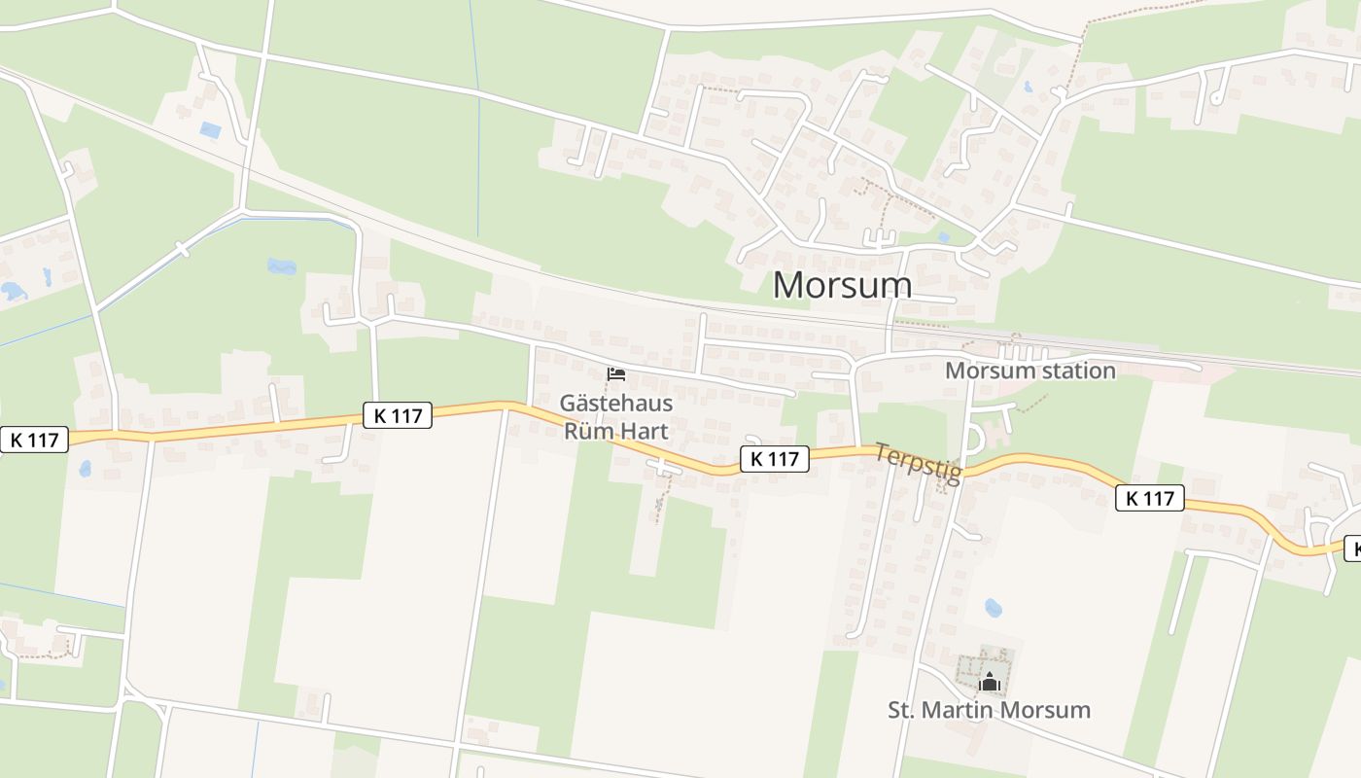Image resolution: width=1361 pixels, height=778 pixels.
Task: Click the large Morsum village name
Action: coord(843,285)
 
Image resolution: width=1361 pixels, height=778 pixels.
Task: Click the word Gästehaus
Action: coord(616,403)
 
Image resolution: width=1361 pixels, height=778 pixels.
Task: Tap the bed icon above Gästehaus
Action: coord(616,373)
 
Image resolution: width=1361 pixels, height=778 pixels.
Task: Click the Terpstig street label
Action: coord(918,463)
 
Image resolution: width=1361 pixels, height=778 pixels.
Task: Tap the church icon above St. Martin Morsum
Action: coord(990,682)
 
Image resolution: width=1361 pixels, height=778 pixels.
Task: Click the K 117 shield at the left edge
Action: coord(35,440)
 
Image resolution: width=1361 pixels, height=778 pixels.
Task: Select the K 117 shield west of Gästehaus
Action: coord(398,415)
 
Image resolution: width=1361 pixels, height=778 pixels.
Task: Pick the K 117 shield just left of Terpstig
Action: coord(775,459)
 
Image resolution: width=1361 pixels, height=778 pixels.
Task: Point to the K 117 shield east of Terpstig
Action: coord(1150,499)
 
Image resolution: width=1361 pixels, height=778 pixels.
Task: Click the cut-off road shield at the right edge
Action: coord(1352,548)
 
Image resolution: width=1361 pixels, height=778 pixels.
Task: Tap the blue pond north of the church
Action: coord(993,609)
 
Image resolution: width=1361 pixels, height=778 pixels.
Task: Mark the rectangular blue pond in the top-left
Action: coord(210,129)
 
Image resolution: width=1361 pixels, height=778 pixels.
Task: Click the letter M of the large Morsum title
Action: coord(790,285)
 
